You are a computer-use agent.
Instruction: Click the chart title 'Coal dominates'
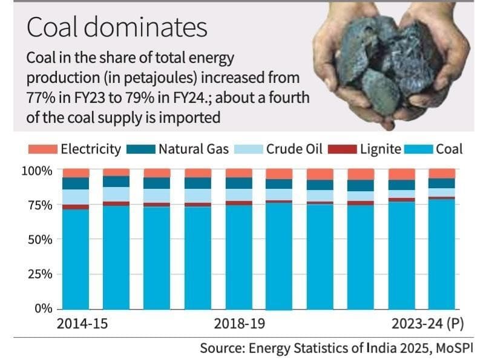(x=117, y=27)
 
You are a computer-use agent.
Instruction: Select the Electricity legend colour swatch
(x=42, y=149)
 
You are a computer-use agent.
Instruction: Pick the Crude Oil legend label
(x=294, y=149)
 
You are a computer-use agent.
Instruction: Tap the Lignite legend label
(x=381, y=149)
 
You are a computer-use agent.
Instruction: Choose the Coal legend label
(x=448, y=149)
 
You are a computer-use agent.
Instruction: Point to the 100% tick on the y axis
(x=38, y=171)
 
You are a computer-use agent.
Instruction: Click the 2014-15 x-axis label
(x=82, y=324)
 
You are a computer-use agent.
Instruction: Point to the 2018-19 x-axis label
(x=240, y=324)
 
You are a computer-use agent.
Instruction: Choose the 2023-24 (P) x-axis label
(x=425, y=324)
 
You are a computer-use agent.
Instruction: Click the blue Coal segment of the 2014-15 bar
(x=76, y=260)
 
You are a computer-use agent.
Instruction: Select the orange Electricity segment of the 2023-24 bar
(x=442, y=173)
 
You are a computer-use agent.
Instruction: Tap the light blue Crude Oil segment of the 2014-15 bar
(x=76, y=197)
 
